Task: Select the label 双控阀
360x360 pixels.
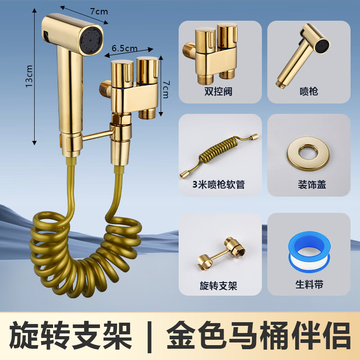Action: point(220,91)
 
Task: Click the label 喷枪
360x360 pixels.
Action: point(309,91)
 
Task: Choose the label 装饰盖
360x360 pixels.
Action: point(309,184)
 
